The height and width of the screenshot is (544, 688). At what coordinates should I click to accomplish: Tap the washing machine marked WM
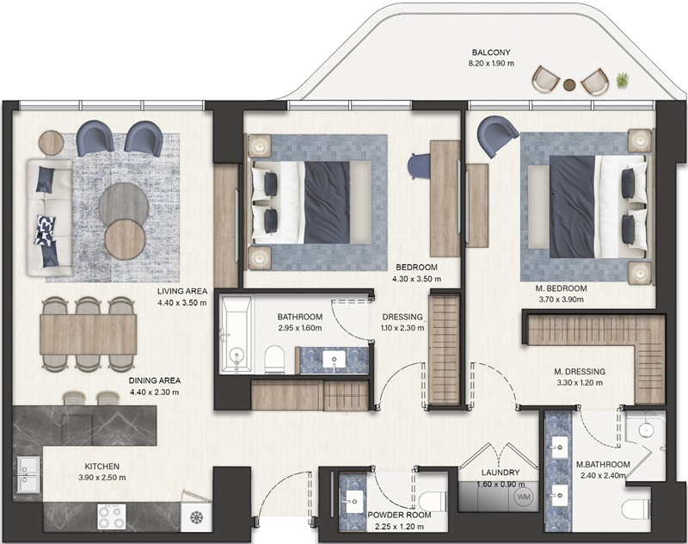coord(524,497)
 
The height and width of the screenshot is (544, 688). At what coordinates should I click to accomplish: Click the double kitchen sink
coord(29,474)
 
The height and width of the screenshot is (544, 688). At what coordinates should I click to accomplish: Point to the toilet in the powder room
coord(433,502)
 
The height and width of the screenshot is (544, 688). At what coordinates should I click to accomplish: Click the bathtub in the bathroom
coord(236,335)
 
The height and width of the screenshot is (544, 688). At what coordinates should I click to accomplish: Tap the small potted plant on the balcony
coord(622,80)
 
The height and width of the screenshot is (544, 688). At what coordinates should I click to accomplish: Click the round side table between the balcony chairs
coord(569,84)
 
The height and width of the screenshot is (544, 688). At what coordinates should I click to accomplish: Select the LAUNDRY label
coord(501,473)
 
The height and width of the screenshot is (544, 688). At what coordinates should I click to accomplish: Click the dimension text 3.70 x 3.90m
coord(562,300)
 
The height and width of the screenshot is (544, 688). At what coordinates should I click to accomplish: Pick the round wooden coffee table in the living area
coord(125,239)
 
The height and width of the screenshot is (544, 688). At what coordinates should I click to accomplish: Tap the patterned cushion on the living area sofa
coord(46,230)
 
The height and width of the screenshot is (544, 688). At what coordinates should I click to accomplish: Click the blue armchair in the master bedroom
coord(498,135)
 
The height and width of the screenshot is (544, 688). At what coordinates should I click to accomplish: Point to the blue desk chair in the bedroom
coord(418,166)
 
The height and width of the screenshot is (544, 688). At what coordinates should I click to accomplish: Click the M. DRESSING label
coord(579,372)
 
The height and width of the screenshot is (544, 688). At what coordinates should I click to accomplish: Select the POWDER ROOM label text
coord(399,515)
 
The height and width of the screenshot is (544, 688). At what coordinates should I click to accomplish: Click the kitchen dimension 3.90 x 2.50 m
coord(102,477)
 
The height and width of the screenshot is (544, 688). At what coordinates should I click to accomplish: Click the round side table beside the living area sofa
coord(52,143)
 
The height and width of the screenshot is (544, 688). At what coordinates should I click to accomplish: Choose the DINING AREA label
coord(155,380)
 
